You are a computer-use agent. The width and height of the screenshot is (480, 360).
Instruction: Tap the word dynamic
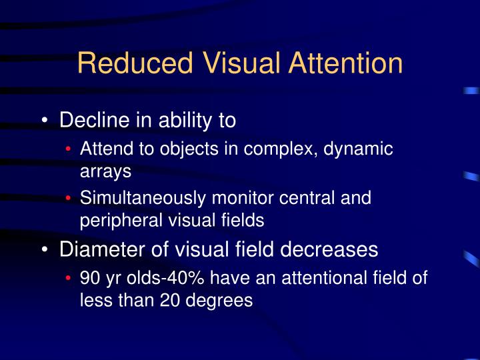[x=358, y=149]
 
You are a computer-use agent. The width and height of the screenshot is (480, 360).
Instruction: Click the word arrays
[x=105, y=171]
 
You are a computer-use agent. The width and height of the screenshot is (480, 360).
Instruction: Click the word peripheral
[x=118, y=221]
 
